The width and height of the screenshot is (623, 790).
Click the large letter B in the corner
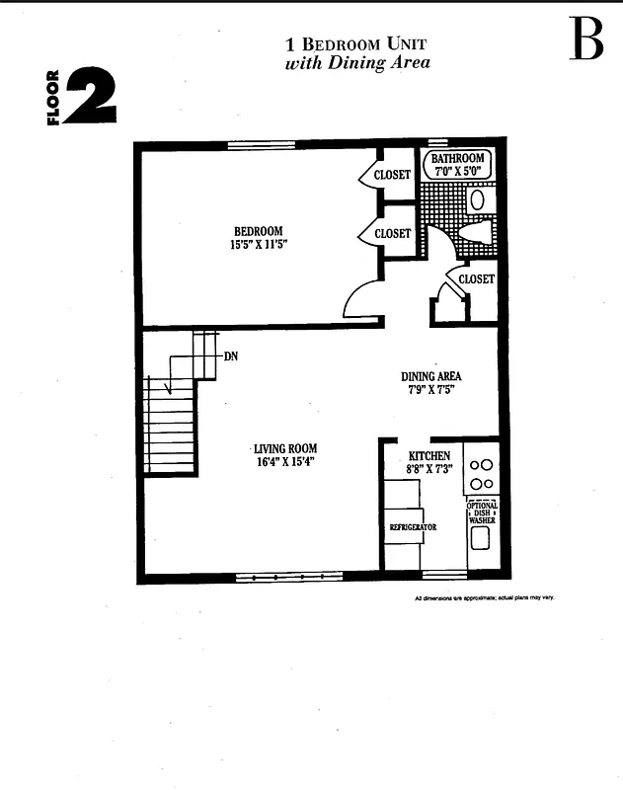coord(585,40)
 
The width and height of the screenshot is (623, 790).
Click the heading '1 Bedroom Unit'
coord(356,44)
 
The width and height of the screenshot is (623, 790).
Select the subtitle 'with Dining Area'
coord(357,63)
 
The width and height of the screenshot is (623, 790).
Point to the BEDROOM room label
coord(258,231)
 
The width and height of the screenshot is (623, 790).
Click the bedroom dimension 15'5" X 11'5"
coord(258,245)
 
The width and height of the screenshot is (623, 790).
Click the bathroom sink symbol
coord(478,198)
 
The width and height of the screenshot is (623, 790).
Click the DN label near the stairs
coord(230,355)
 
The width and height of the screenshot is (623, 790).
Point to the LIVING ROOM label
coord(284,449)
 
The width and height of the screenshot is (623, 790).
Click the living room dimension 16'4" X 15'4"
coord(284,462)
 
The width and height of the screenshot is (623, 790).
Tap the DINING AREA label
coord(430,376)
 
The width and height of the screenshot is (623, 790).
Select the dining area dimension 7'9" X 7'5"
coord(430,390)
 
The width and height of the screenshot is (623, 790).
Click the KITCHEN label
coord(429,455)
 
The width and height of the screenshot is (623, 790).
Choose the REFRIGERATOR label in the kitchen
coord(413,527)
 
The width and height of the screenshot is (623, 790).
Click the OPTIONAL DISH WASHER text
coord(482,513)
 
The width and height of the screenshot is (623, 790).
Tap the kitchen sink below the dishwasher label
coord(481,538)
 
